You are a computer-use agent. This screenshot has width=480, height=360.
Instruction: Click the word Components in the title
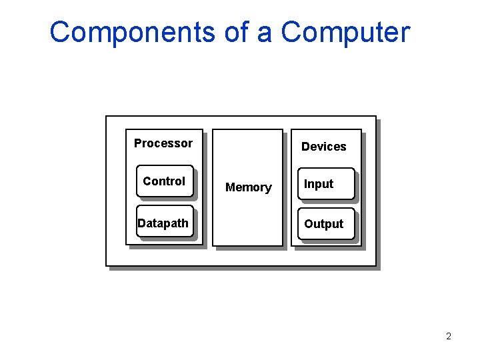(x=131, y=33)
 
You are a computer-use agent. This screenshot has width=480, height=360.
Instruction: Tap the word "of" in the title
(x=237, y=33)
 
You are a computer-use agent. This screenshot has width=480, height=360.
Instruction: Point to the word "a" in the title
(x=265, y=33)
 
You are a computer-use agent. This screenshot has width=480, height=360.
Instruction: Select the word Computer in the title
(x=345, y=33)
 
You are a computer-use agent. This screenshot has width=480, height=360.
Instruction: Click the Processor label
(x=163, y=143)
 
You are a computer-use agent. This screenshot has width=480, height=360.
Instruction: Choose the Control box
(x=165, y=181)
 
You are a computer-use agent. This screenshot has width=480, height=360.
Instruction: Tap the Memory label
(x=248, y=188)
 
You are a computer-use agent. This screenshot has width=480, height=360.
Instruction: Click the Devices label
(x=323, y=147)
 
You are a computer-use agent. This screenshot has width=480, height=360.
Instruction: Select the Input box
(x=325, y=184)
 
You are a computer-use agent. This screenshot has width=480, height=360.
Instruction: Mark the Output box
(x=325, y=225)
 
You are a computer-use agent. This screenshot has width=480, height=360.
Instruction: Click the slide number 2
(x=449, y=337)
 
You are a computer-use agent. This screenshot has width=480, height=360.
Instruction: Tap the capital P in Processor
(x=138, y=143)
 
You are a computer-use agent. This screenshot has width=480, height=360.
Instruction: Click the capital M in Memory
(x=230, y=188)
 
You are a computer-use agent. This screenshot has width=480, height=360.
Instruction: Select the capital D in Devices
(x=305, y=147)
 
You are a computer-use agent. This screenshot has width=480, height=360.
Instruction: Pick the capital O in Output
(x=309, y=225)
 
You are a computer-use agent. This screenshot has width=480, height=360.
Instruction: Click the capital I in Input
(x=306, y=184)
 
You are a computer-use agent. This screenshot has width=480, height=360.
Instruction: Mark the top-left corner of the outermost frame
(x=107, y=117)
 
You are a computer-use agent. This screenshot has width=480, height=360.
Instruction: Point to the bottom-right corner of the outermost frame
(x=376, y=266)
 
